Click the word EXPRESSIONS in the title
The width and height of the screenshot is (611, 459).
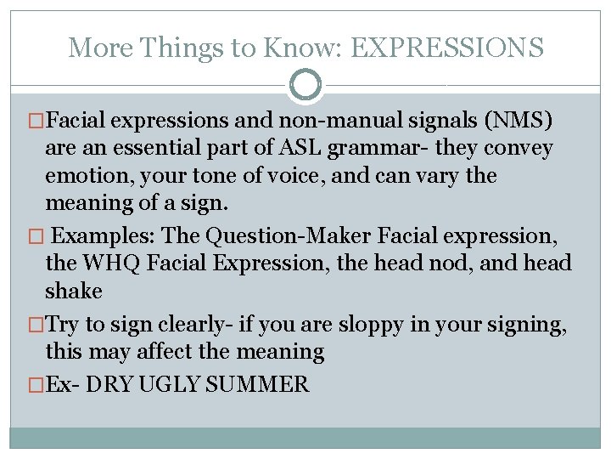coord(446,48)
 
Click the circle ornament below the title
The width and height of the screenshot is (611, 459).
coord(305,85)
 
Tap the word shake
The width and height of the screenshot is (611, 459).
coord(73,291)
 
